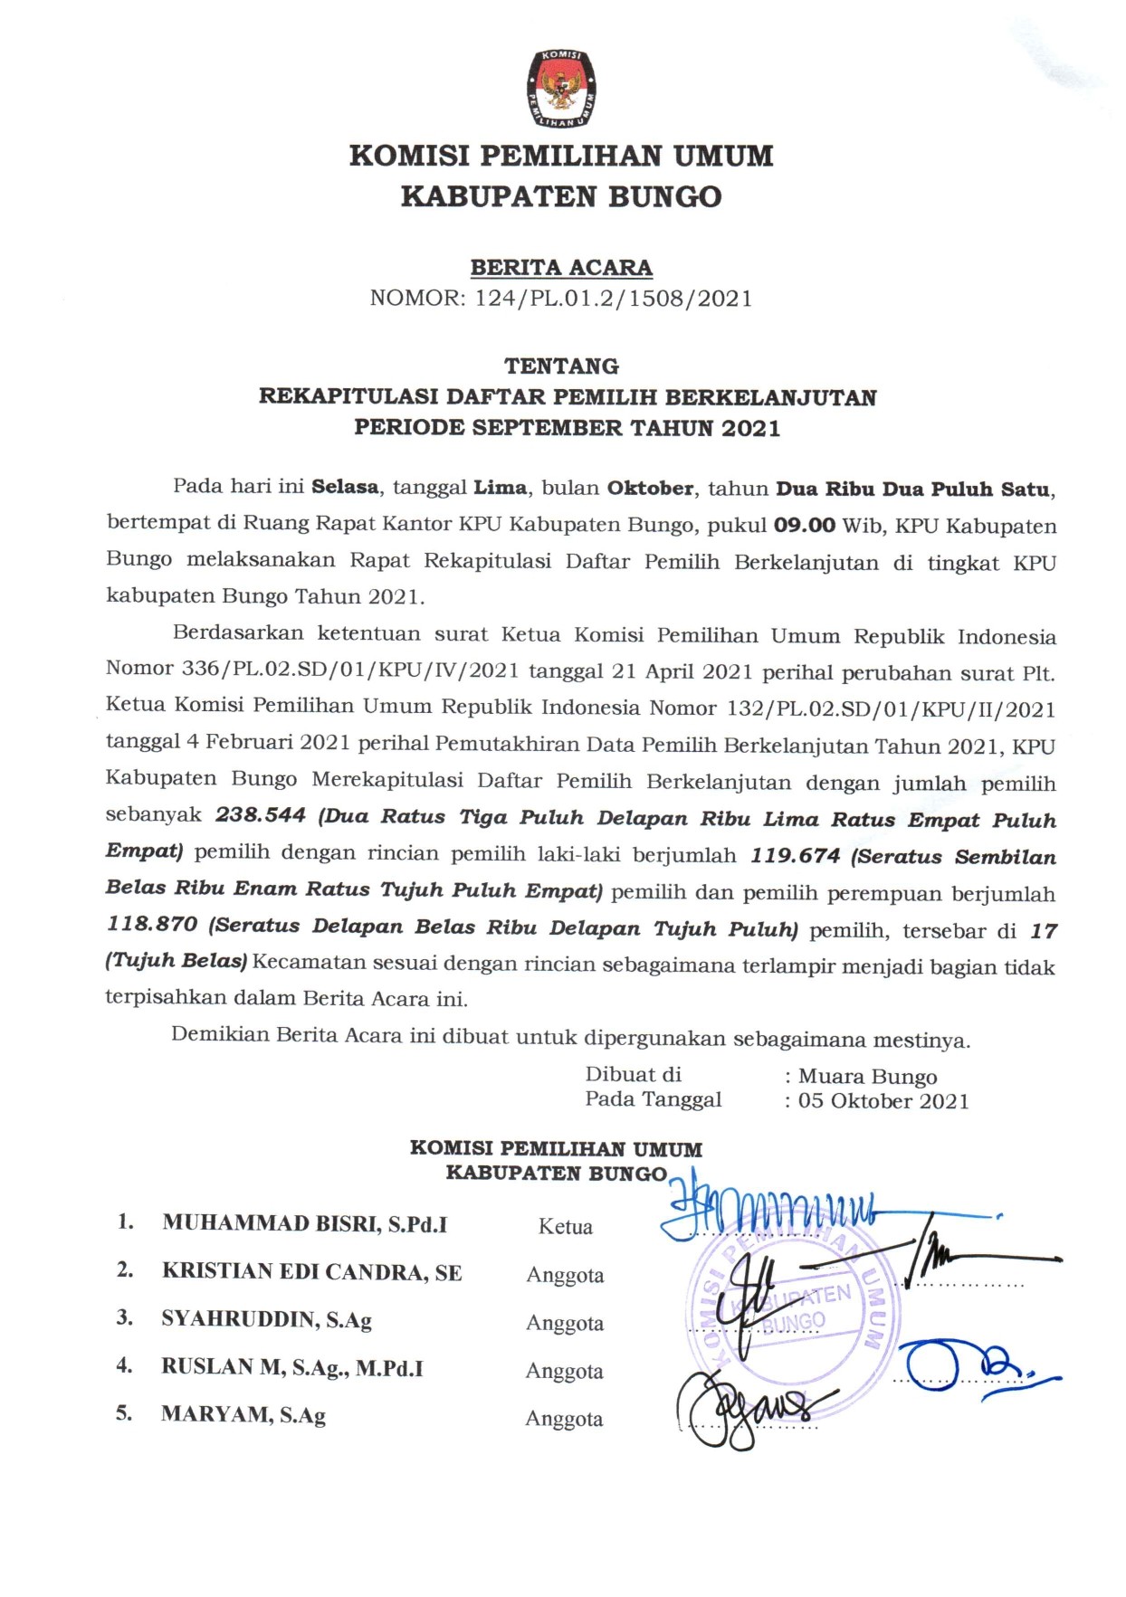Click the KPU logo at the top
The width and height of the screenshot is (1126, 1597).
pyautogui.click(x=561, y=89)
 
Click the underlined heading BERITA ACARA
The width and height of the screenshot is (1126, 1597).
pyautogui.click(x=561, y=268)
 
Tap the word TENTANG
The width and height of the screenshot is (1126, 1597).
pyautogui.click(x=561, y=366)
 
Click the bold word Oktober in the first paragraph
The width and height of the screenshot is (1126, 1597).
pyautogui.click(x=650, y=489)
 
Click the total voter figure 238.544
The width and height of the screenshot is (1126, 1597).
pyautogui.click(x=261, y=815)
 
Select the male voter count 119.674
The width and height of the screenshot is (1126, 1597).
pyautogui.click(x=796, y=856)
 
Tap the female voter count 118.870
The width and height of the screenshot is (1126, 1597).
pyautogui.click(x=152, y=925)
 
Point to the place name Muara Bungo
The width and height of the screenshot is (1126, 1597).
pyautogui.click(x=867, y=1077)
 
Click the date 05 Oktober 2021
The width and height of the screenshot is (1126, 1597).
pyautogui.click(x=883, y=1102)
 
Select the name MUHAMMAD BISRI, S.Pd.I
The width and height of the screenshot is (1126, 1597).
pyautogui.click(x=305, y=1224)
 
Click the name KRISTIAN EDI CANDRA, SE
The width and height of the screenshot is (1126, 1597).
pyautogui.click(x=312, y=1272)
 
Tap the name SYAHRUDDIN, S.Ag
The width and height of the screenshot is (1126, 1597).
pyautogui.click(x=267, y=1319)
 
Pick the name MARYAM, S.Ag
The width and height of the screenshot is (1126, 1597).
pyautogui.click(x=243, y=1415)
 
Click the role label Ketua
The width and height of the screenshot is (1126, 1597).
pyautogui.click(x=565, y=1227)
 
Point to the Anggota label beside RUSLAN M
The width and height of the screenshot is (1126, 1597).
pyautogui.click(x=564, y=1372)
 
